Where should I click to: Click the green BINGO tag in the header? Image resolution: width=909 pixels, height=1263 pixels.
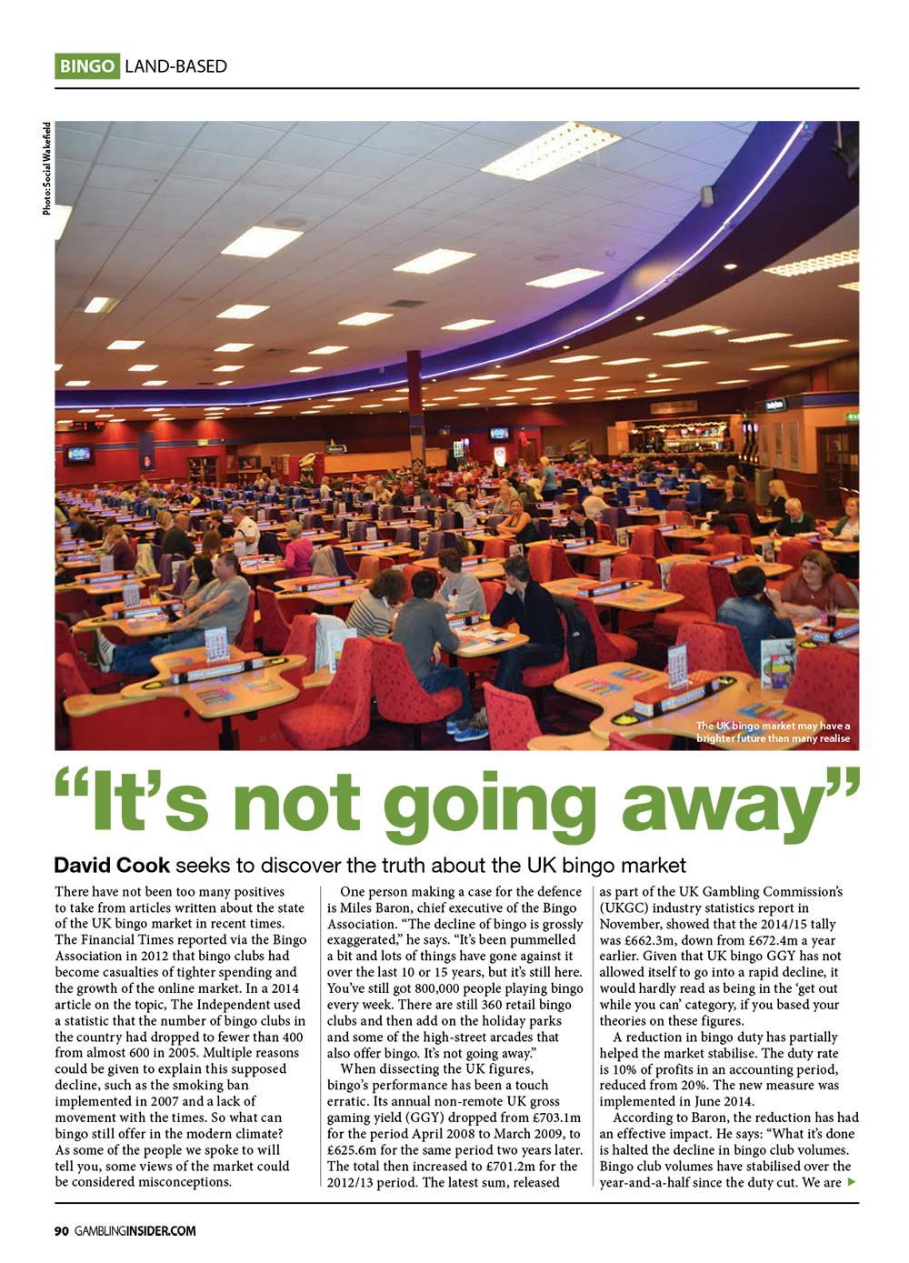87,66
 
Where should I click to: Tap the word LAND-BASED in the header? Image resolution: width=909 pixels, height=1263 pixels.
175,66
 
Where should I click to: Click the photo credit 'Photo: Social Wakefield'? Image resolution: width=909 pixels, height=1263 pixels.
46,169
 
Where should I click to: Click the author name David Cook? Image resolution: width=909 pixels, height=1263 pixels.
105,864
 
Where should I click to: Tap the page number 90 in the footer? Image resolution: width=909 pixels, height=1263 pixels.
62,1231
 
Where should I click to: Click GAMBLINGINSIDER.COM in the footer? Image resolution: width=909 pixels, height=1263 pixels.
135,1231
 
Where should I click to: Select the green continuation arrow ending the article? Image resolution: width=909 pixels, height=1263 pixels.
851,1182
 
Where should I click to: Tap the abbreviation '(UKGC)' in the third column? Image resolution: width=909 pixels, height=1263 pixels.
626,907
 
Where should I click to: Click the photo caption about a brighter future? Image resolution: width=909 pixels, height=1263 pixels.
773,732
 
